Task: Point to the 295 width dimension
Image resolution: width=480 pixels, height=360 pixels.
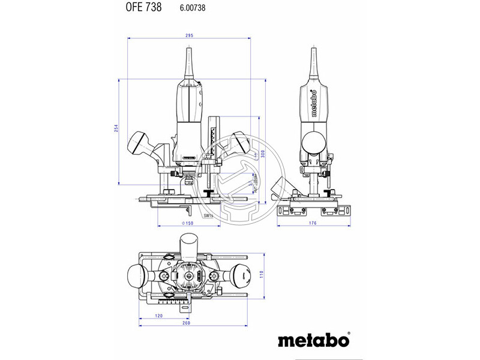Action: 190,37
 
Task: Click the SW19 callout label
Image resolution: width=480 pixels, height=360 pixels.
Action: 208,214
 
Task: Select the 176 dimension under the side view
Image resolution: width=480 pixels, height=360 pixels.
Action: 313,223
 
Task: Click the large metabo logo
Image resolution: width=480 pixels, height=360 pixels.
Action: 312,340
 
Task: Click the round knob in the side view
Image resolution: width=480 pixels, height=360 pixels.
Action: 314,143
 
